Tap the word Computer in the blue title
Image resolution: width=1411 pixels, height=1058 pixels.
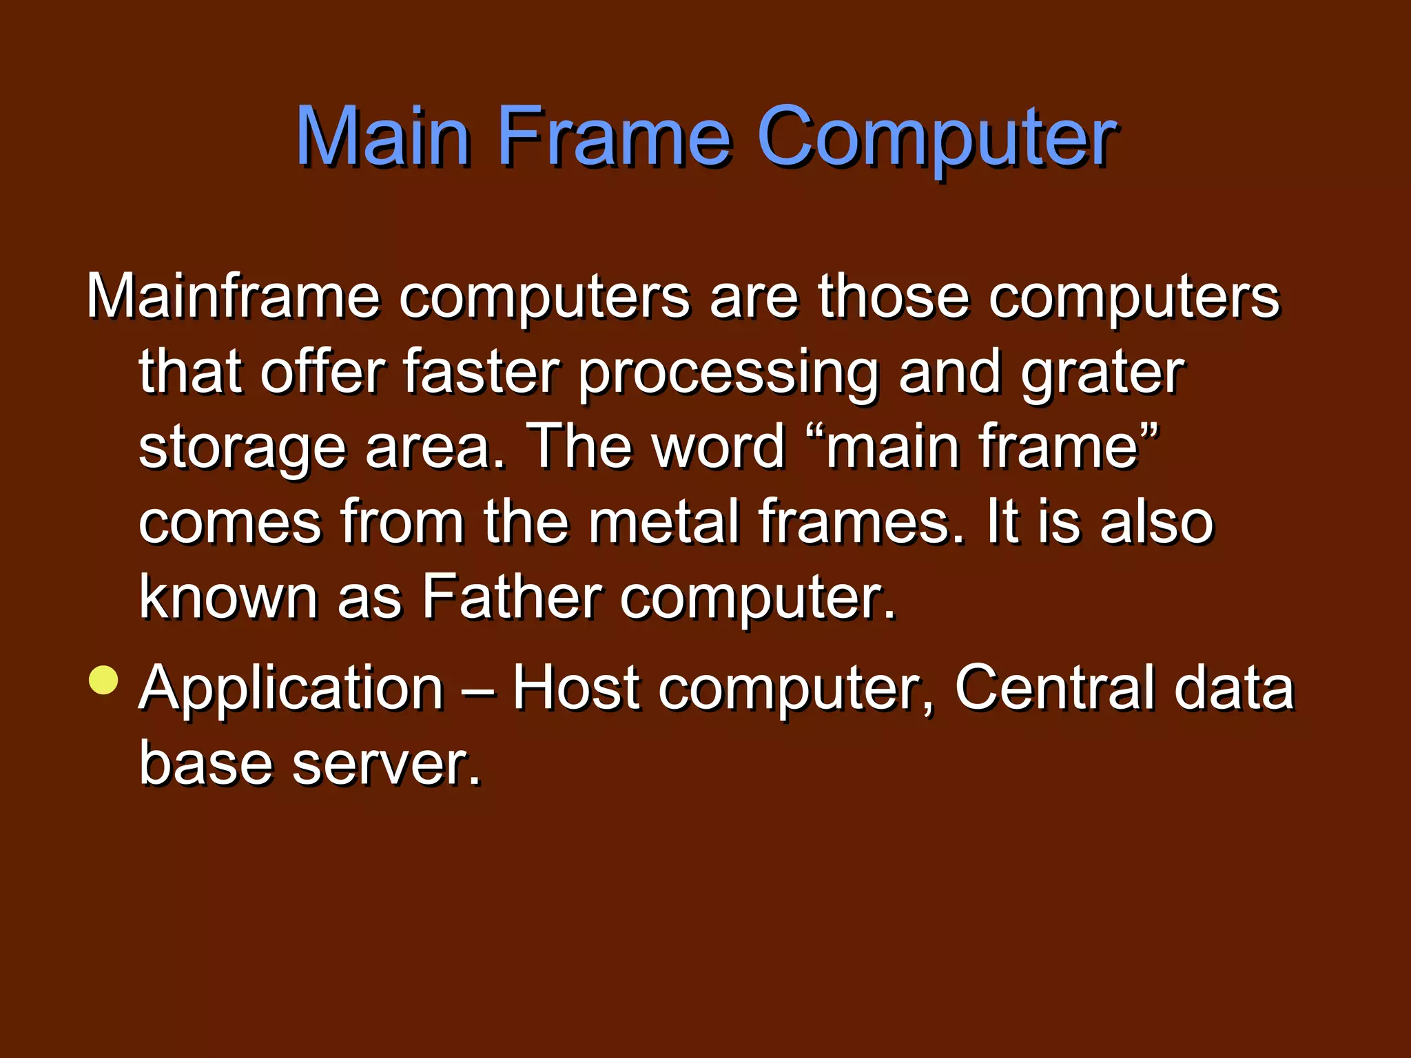click(936, 138)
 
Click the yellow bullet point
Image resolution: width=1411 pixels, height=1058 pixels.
click(104, 681)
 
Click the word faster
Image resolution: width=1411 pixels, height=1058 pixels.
click(481, 372)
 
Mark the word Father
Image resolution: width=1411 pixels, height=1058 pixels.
click(512, 597)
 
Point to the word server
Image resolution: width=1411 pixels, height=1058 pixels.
click(385, 763)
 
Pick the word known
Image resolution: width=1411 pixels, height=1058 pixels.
click(228, 597)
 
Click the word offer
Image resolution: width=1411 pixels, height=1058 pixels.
click(322, 372)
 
